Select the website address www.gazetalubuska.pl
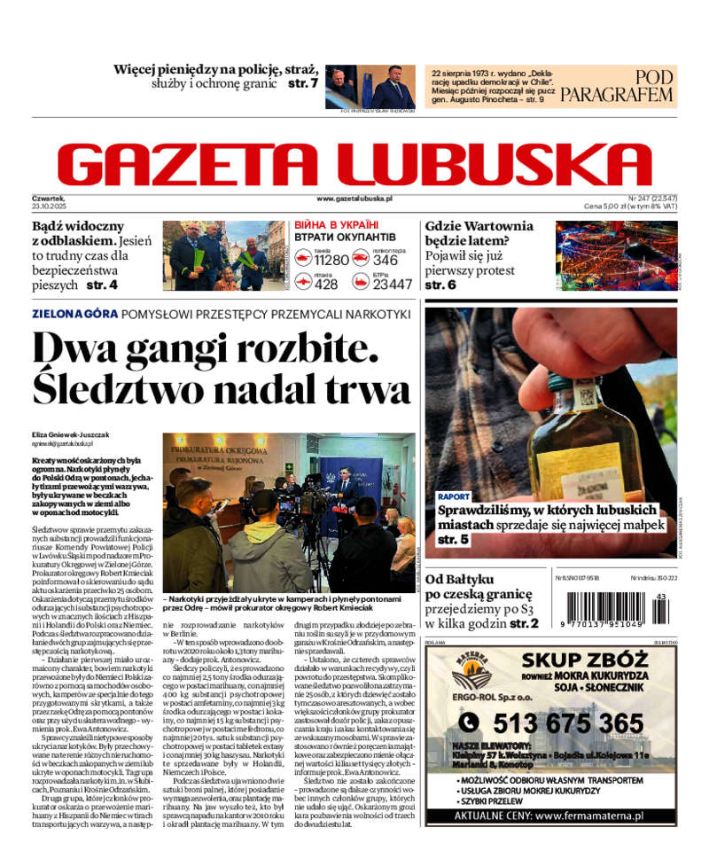coord(354,199)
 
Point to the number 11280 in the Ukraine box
coord(332,260)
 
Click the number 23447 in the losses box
coord(392,284)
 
